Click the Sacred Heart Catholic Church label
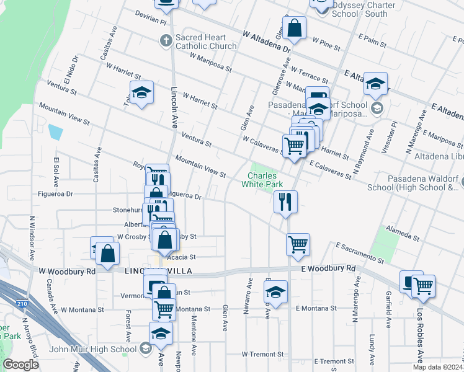pyautogui.click(x=206, y=42)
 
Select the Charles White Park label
pyautogui.click(x=262, y=180)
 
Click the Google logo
pyautogui.click(x=21, y=365)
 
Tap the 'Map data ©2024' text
pyautogui.click(x=437, y=367)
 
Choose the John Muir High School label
pyautogui.click(x=102, y=349)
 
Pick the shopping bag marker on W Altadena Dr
pyautogui.click(x=295, y=28)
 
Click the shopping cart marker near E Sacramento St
pyautogui.click(x=298, y=244)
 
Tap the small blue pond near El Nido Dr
pyautogui.click(x=56, y=132)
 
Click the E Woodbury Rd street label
pyautogui.click(x=328, y=268)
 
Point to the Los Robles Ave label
pyautogui.click(x=420, y=335)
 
